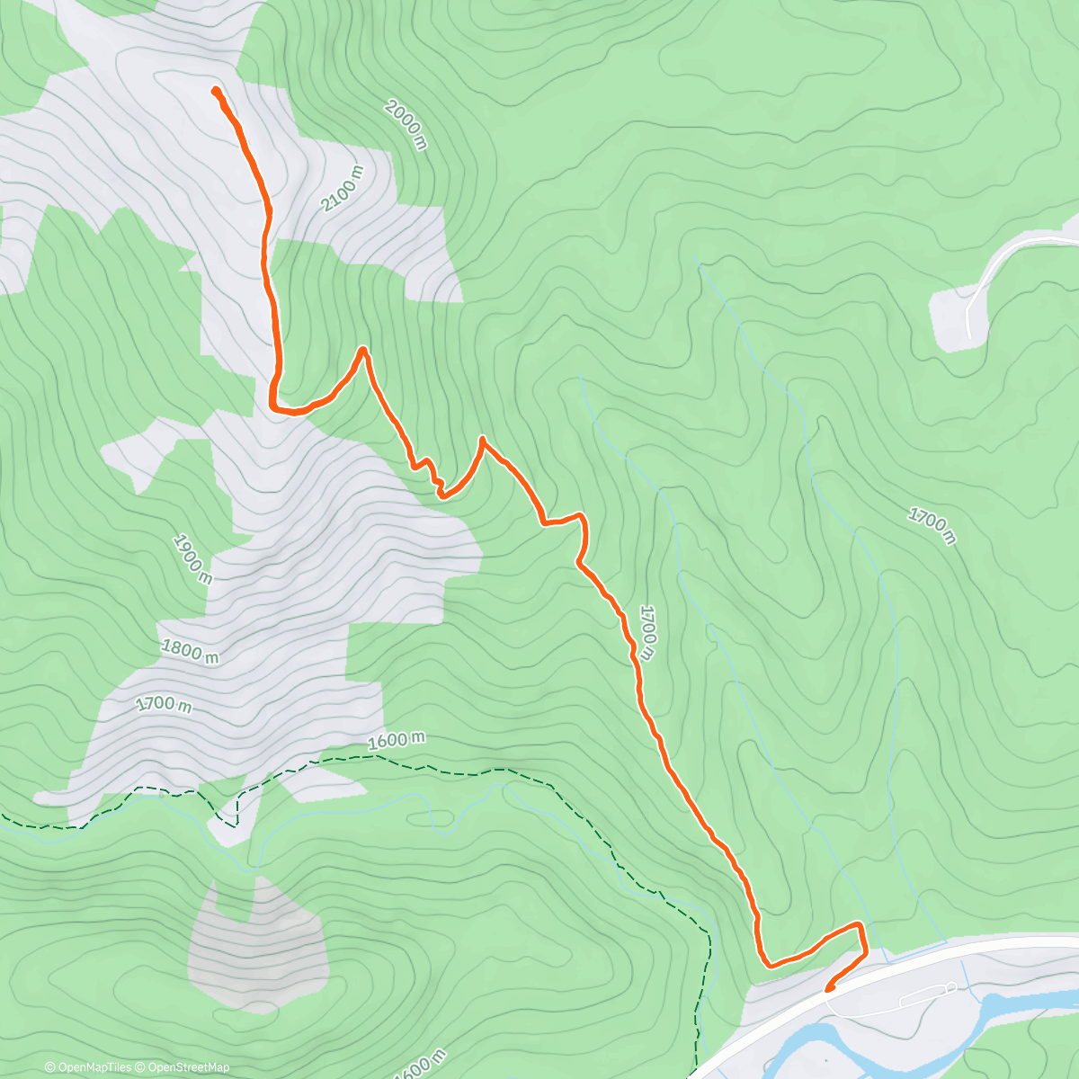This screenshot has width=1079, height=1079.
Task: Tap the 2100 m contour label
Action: point(343,189)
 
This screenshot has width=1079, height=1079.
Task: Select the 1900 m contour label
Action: point(192,559)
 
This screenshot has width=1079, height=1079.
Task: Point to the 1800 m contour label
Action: point(190,650)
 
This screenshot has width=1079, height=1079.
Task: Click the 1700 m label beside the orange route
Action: point(647,627)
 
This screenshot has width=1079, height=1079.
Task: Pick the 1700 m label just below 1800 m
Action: point(165,704)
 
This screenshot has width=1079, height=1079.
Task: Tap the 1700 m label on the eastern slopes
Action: point(931,526)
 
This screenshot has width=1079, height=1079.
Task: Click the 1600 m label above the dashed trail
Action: point(396,740)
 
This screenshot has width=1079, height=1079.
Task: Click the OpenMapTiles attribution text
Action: point(88,1067)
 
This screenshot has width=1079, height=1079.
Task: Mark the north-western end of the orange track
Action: point(215,90)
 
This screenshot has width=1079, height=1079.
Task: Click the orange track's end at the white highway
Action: point(828,988)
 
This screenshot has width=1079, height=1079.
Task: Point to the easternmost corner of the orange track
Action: point(861,926)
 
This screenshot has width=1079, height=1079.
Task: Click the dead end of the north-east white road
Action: point(969,336)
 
